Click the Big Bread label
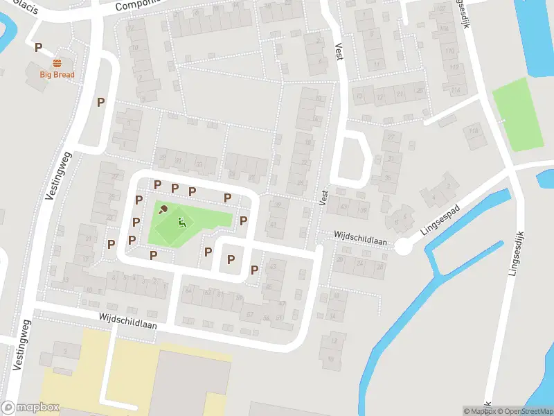click(x=57, y=74)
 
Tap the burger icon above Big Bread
click(x=57, y=62)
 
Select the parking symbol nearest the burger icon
click(x=39, y=48)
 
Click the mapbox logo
click(x=30, y=408)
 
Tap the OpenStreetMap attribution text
click(x=522, y=411)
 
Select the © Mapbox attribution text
click(x=479, y=411)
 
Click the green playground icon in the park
click(x=181, y=223)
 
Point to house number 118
click(x=474, y=131)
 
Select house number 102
click(x=442, y=9)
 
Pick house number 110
click(x=451, y=52)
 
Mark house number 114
click(x=455, y=91)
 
